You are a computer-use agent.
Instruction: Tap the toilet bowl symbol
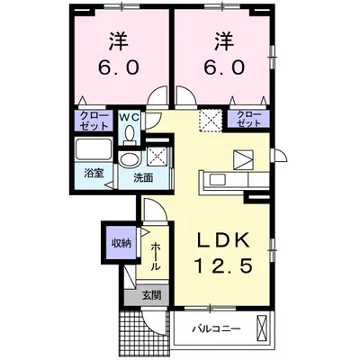click(130, 133)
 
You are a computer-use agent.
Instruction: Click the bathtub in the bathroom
click(90, 149)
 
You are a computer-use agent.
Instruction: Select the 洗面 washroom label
click(143, 177)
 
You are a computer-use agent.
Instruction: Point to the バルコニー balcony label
click(216, 328)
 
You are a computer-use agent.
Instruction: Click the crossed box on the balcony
click(261, 329)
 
